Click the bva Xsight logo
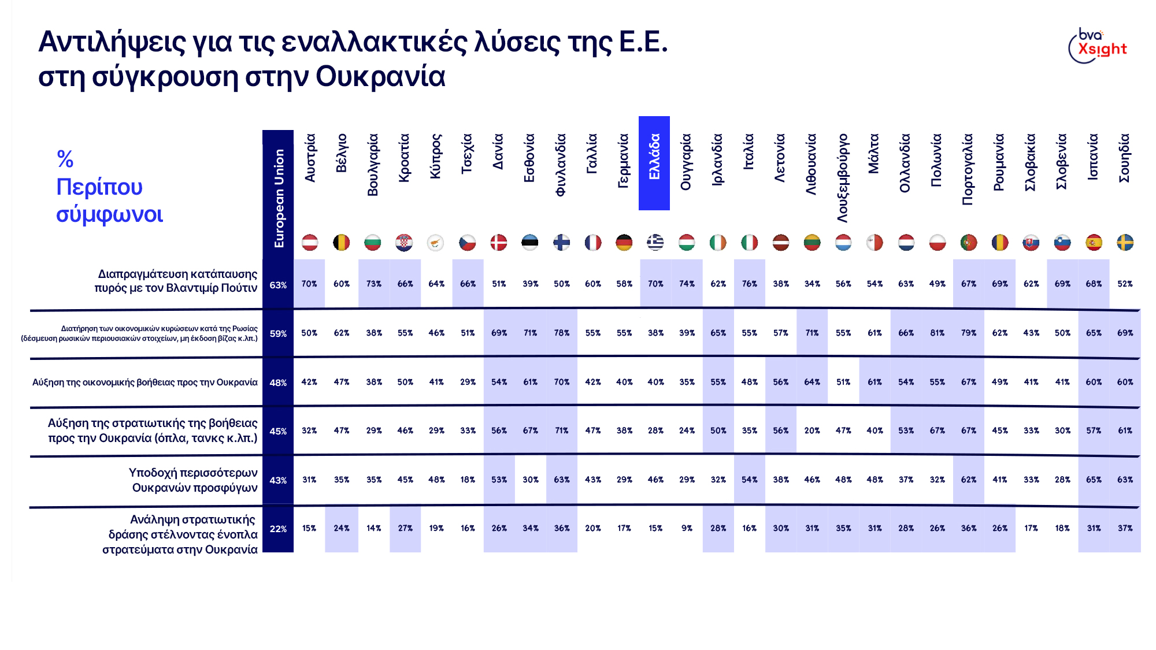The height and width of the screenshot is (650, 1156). (1098, 45)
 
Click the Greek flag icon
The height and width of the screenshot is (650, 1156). (655, 243)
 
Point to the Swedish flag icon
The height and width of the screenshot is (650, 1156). (1125, 243)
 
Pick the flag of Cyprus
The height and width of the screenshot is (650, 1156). (436, 243)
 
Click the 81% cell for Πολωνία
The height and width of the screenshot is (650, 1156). (937, 333)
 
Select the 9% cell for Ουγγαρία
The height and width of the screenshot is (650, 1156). (687, 528)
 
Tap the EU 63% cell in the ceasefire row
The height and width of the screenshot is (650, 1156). (278, 285)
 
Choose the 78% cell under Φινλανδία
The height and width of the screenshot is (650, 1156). (561, 333)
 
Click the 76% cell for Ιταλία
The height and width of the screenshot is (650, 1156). (749, 284)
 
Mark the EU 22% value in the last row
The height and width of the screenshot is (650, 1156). (278, 529)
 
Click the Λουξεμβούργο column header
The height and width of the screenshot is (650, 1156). (843, 178)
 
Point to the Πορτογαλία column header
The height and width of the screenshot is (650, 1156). (968, 169)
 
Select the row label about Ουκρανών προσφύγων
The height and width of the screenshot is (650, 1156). (194, 480)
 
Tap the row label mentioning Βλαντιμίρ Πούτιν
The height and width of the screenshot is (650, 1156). (177, 281)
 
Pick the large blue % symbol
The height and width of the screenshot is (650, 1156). (65, 159)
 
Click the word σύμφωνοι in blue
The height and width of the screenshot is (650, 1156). (109, 214)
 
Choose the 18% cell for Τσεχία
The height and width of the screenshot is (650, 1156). (468, 480)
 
